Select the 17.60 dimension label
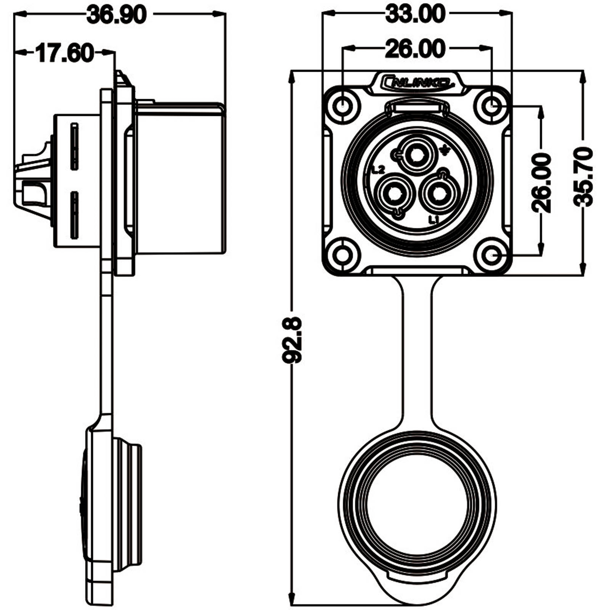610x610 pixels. (x=65, y=53)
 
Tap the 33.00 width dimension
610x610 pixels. (x=415, y=14)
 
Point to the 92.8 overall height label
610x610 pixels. (x=293, y=339)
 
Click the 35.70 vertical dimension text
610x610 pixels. (x=584, y=177)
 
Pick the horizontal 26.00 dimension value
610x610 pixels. (x=415, y=49)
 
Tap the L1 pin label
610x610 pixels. (x=434, y=220)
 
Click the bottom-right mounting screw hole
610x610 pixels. (x=492, y=255)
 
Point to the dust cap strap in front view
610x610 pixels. (x=417, y=351)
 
